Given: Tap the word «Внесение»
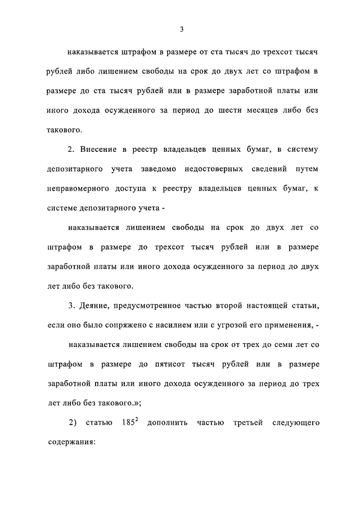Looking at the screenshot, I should click(102, 150).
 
